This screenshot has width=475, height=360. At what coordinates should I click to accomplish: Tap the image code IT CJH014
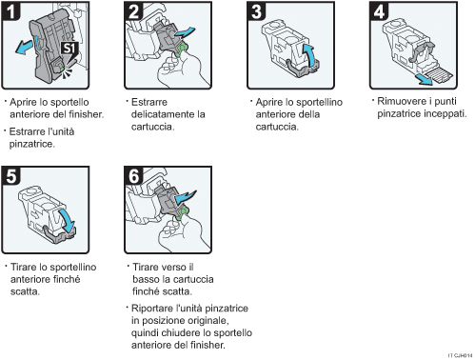(x=459, y=353)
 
